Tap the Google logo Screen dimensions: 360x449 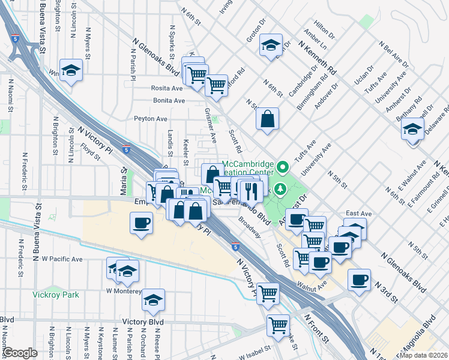point(20,353)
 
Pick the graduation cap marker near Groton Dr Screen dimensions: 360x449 point(271,45)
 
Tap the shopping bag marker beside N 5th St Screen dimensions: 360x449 point(267,119)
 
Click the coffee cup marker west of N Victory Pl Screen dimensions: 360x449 point(141,224)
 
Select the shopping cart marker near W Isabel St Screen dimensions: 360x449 point(278,325)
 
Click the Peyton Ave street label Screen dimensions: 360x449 point(150,119)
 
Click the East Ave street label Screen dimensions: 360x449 point(358,213)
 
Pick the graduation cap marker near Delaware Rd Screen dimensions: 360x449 point(412,130)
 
